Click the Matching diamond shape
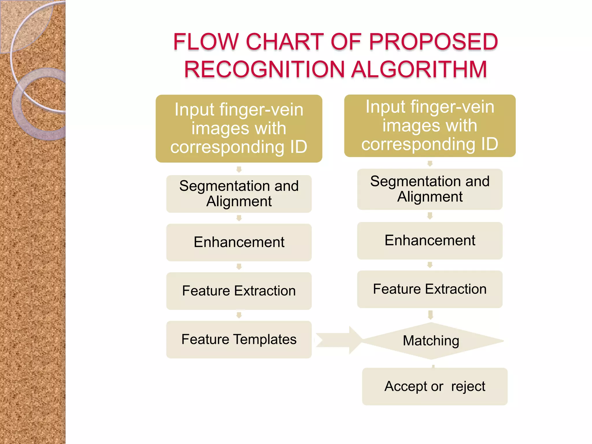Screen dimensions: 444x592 pyautogui.click(x=431, y=341)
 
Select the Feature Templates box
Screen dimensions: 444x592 pyautogui.click(x=239, y=340)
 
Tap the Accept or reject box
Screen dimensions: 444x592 pyautogui.click(x=434, y=386)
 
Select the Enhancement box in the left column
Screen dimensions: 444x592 pyautogui.click(x=239, y=242)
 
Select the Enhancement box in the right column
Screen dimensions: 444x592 pyautogui.click(x=430, y=240)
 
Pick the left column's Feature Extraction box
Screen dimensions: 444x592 pyautogui.click(x=239, y=291)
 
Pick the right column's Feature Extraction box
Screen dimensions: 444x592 pyautogui.click(x=430, y=289)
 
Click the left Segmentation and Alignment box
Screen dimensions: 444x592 pyautogui.click(x=239, y=194)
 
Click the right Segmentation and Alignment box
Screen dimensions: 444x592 pyautogui.click(x=430, y=189)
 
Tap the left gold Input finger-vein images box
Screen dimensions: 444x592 pyautogui.click(x=239, y=128)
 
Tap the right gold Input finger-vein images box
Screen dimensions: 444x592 pyautogui.click(x=430, y=125)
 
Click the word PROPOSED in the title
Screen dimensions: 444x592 pyautogui.click(x=433, y=42)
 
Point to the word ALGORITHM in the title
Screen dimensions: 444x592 pyautogui.click(x=419, y=69)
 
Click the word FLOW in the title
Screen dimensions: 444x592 pyautogui.click(x=206, y=42)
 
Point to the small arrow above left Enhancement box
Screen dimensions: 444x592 pyautogui.click(x=239, y=218)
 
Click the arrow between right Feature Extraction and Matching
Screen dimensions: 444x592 pyautogui.click(x=430, y=314)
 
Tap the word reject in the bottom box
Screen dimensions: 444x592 pyautogui.click(x=468, y=386)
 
